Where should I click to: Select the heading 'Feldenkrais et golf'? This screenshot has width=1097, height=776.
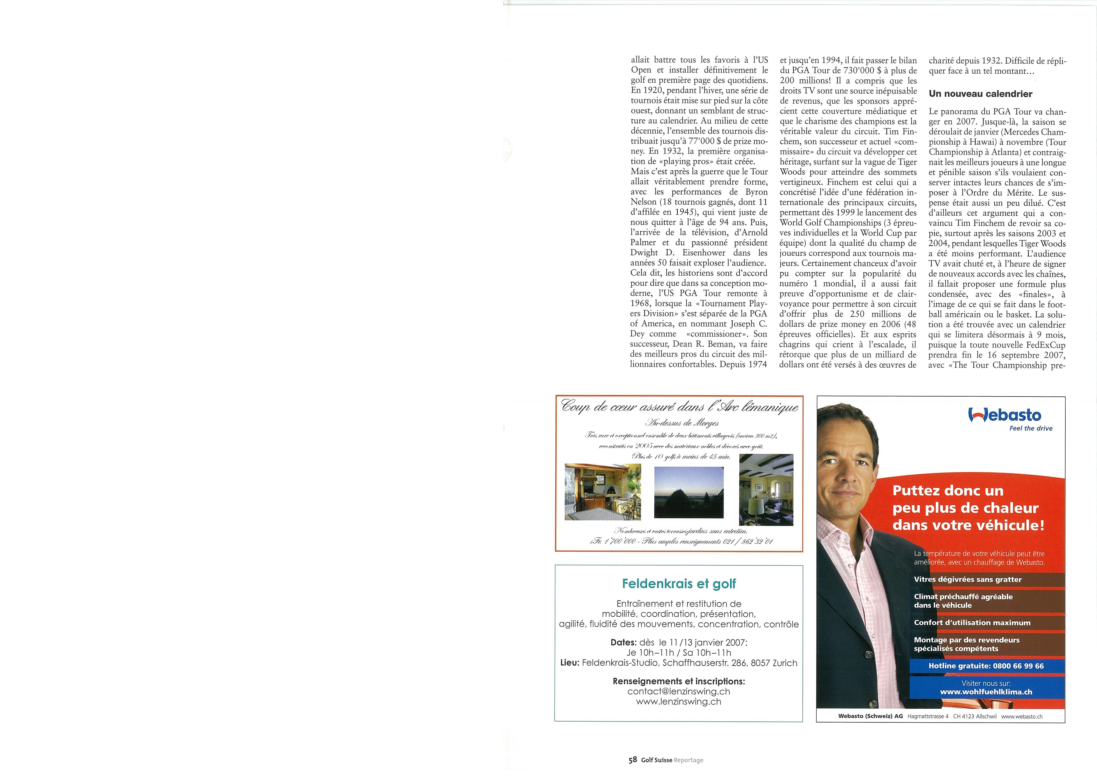click(x=678, y=584)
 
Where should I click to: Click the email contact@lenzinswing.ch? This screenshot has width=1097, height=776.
click(x=678, y=691)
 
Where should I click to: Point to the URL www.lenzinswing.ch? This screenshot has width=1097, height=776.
click(x=678, y=702)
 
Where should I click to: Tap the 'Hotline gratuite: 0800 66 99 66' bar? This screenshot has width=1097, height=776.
click(x=986, y=665)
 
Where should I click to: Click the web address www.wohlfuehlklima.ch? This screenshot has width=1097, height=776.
click(x=986, y=692)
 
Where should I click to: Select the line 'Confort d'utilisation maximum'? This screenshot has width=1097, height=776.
click(x=972, y=623)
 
